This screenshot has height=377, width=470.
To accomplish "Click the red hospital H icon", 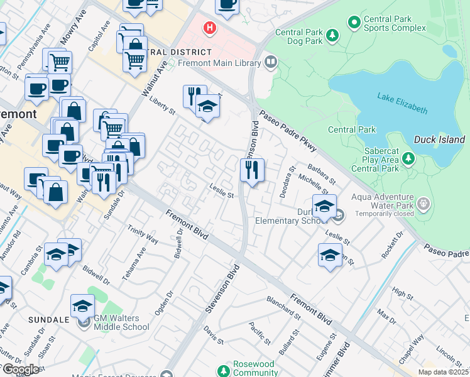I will [209, 28].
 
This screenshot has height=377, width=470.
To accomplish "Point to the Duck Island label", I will [439, 139].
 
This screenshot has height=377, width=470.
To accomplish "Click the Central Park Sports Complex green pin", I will [354, 23].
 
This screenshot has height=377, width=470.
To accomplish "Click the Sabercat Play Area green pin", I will [409, 159].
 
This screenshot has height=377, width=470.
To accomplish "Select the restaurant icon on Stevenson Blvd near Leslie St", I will [252, 170].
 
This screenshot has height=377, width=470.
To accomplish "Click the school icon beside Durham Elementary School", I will [324, 207].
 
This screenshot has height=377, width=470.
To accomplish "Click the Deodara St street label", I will [288, 181].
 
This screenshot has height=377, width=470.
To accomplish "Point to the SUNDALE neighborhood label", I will [48, 319].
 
